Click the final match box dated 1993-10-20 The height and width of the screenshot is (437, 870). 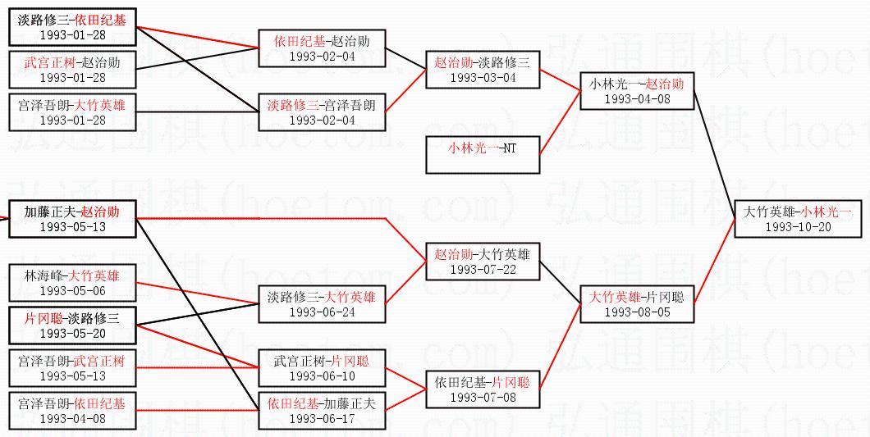tap(798, 218)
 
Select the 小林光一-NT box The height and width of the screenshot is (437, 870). tap(483, 155)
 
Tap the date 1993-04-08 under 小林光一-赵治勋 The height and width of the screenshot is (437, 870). tap(637, 98)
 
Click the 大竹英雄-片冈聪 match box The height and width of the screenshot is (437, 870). tap(637, 303)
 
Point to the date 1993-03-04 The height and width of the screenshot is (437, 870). tap(483, 78)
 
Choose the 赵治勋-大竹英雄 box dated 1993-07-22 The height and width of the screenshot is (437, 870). tap(483, 262)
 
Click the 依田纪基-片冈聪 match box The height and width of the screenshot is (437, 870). tap(483, 389)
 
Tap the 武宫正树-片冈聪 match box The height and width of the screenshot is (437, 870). tap(321, 367)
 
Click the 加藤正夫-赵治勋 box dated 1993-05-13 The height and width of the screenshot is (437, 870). tap(72, 219)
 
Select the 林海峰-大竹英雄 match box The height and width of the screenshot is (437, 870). tap(72, 283)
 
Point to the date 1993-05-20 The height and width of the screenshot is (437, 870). tap(72, 333)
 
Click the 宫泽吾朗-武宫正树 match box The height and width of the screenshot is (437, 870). tap(72, 368)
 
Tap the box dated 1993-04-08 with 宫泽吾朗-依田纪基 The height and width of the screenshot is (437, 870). tap(72, 411)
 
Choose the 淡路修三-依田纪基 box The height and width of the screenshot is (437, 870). tap(72, 27)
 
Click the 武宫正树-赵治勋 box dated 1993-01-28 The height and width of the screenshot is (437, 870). tap(72, 70)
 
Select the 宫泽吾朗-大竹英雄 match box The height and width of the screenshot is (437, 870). tap(72, 112)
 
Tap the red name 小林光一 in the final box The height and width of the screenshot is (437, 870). tap(827, 212)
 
